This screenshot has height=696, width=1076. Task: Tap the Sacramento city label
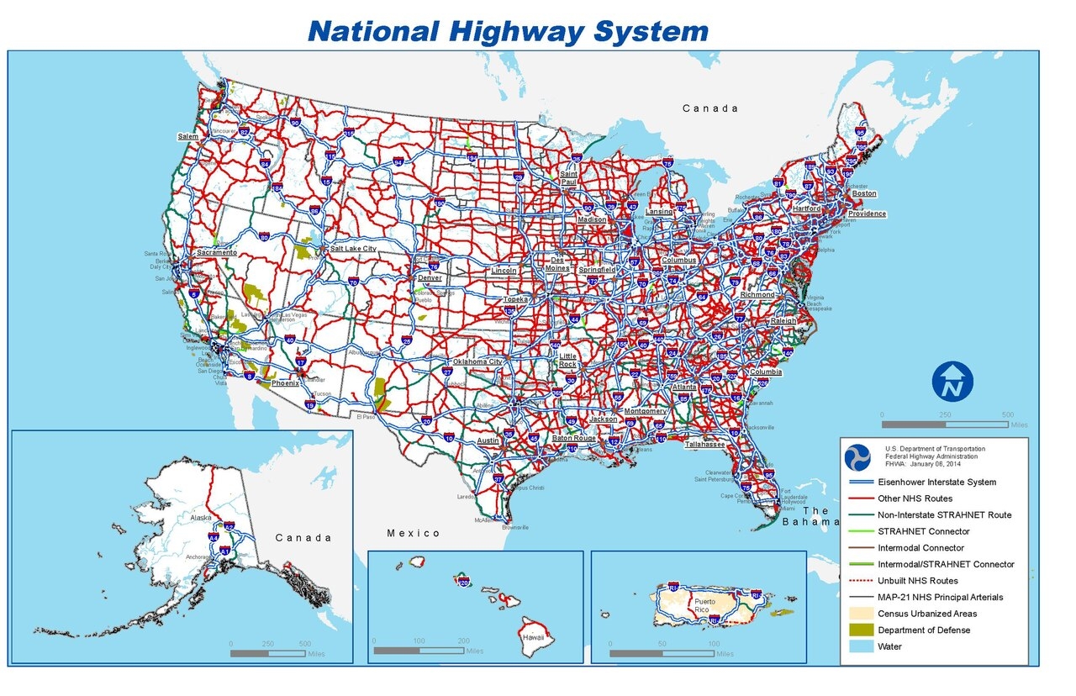tap(217, 252)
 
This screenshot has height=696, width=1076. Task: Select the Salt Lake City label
tap(353, 249)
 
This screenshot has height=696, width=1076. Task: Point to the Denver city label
tap(430, 277)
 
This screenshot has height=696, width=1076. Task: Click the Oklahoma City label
tap(477, 361)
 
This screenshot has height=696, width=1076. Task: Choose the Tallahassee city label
tap(705, 444)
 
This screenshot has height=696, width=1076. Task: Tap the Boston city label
tap(864, 193)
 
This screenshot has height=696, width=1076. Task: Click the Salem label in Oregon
tap(188, 136)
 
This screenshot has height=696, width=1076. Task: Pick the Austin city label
tap(488, 440)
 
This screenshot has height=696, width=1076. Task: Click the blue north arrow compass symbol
tap(952, 382)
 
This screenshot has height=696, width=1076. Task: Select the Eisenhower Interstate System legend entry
tap(937, 482)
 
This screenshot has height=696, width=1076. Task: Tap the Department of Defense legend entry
tap(924, 630)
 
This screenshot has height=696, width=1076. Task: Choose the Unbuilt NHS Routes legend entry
tap(918, 581)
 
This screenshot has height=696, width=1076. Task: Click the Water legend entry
tap(890, 646)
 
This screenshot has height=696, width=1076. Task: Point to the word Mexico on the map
tap(414, 533)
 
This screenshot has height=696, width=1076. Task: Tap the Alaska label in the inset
tap(202, 518)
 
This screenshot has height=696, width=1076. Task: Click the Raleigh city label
tap(783, 321)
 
